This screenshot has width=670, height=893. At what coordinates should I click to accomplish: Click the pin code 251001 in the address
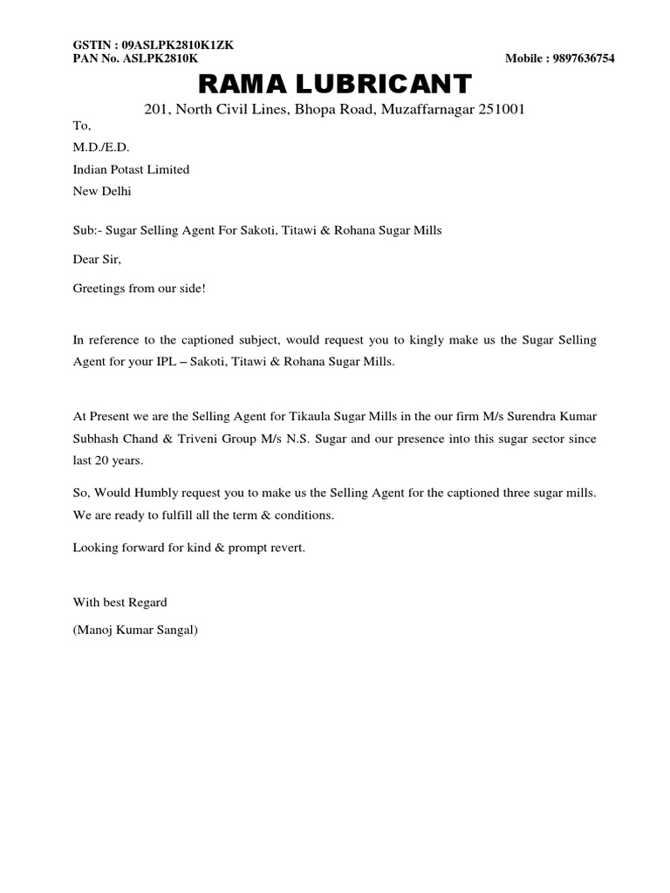(x=499, y=111)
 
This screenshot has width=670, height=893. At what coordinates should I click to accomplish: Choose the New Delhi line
(x=102, y=190)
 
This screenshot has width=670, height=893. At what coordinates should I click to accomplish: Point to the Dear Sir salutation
(x=97, y=258)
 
